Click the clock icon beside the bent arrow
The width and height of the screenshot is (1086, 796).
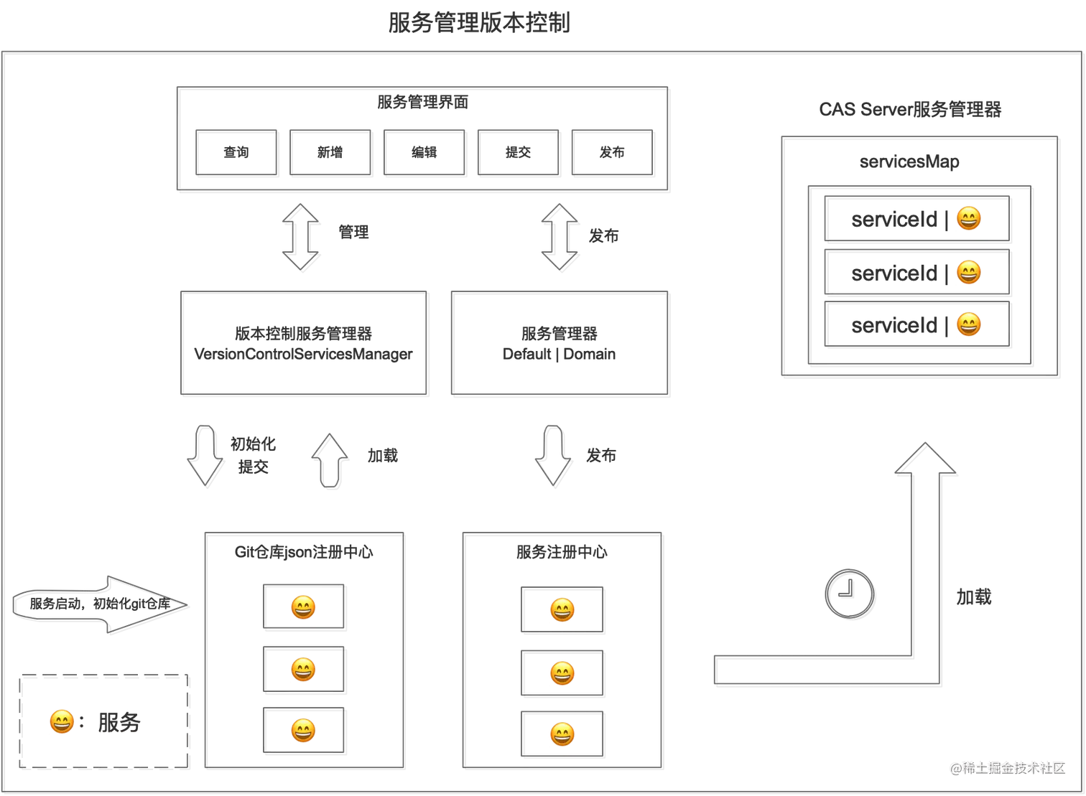pyautogui.click(x=849, y=594)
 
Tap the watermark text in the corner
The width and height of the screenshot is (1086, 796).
pyautogui.click(x=1007, y=767)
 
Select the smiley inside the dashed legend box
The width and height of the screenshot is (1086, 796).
pyautogui.click(x=61, y=721)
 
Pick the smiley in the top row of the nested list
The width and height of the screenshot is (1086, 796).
pyautogui.click(x=968, y=218)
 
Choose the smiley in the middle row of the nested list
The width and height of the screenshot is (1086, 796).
pyautogui.click(x=968, y=272)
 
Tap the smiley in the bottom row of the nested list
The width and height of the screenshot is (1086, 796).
pyautogui.click(x=968, y=325)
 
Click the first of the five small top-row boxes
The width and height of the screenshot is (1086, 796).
pyautogui.click(x=236, y=151)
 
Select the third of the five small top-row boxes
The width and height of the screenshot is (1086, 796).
pyautogui.click(x=424, y=151)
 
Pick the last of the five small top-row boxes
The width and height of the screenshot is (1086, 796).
pyautogui.click(x=612, y=151)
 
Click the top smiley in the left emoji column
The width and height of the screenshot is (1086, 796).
pyautogui.click(x=303, y=608)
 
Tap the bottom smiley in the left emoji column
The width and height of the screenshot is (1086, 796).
pyautogui.click(x=303, y=731)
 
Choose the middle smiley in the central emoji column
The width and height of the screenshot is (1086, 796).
pyautogui.click(x=562, y=673)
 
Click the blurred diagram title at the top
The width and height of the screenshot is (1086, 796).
pyautogui.click(x=480, y=22)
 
